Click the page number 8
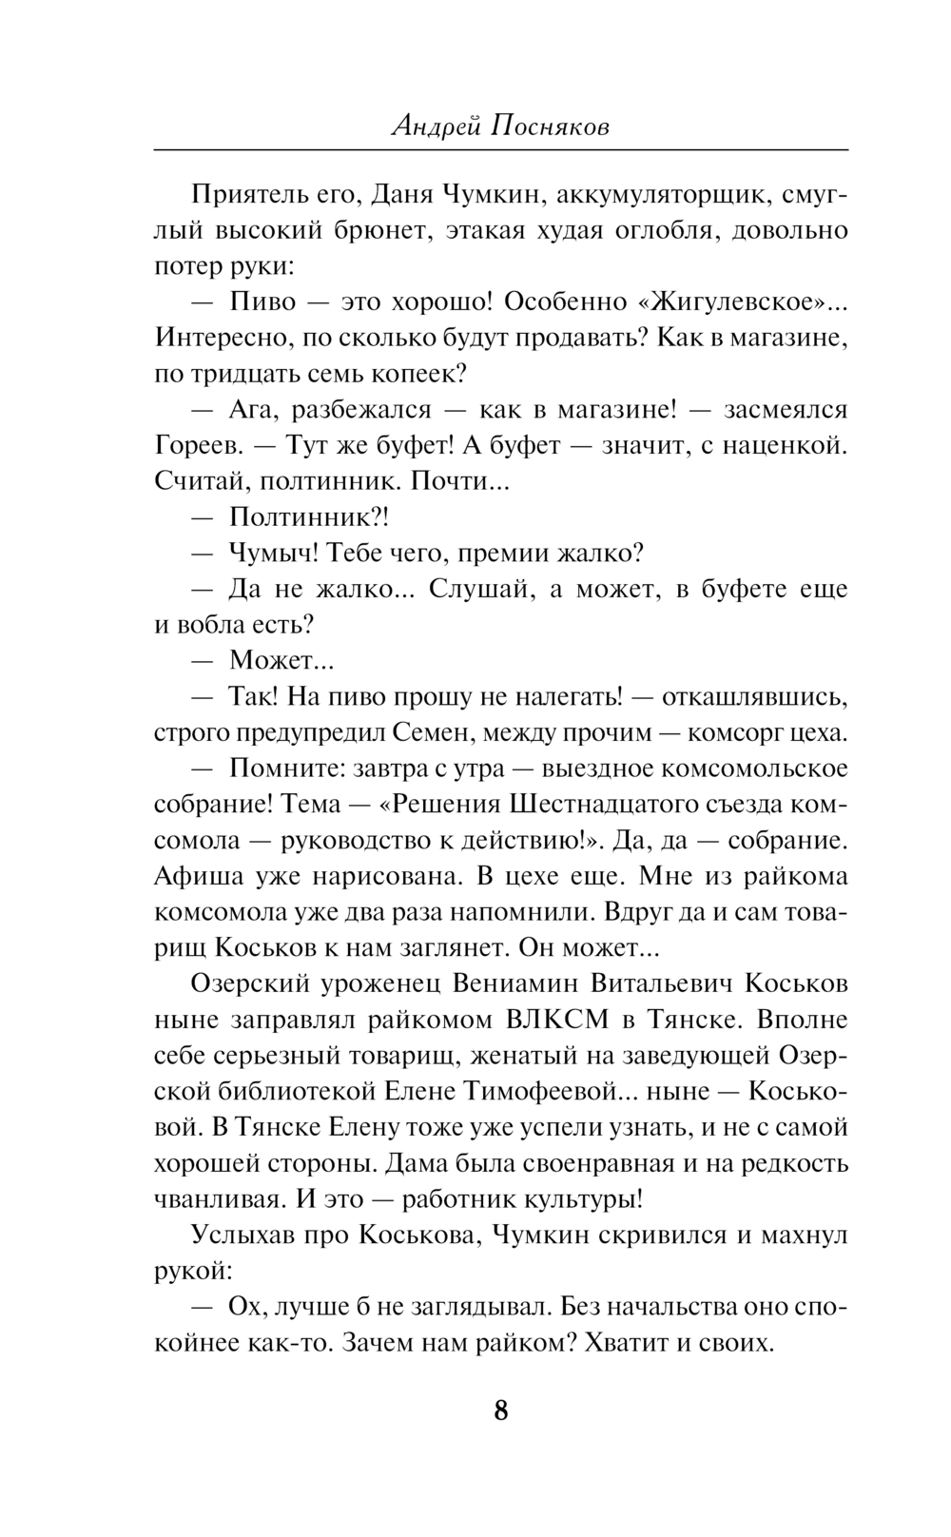501,1410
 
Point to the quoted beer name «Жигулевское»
729,302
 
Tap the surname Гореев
196,446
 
